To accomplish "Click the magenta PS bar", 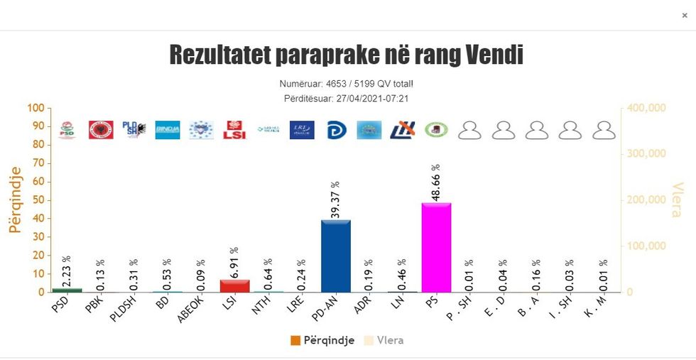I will [436, 248].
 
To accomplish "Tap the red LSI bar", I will [234, 285].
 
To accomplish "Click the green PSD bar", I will [67, 290].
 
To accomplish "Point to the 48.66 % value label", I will [436, 182].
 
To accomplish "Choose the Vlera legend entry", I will [384, 340].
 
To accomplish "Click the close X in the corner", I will [684, 15].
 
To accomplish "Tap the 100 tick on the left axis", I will [36, 108].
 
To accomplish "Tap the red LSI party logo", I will [234, 130].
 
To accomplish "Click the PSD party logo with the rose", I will [67, 130].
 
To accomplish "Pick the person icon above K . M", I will [604, 130].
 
